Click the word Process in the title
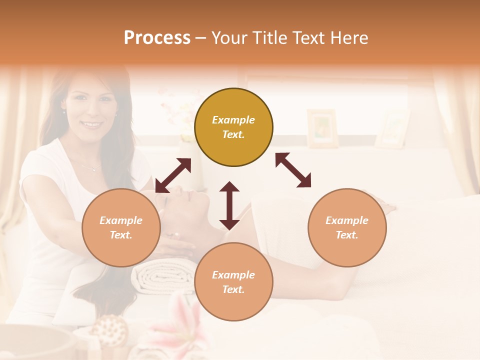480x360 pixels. pos(157,38)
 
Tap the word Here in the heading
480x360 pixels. pos(348,38)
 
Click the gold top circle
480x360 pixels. pos(233,127)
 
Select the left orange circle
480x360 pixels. pos(121,227)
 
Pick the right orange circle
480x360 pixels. pos(347,227)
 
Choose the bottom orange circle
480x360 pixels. pos(233,282)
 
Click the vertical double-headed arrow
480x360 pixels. pos(229,205)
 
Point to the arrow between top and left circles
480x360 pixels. pos(173,175)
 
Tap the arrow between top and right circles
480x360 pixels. pos(293,170)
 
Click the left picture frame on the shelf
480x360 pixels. pos(322,128)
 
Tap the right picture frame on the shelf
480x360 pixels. pos(393,129)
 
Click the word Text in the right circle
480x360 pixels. pos(347,235)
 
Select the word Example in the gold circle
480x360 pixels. pos(233,120)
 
